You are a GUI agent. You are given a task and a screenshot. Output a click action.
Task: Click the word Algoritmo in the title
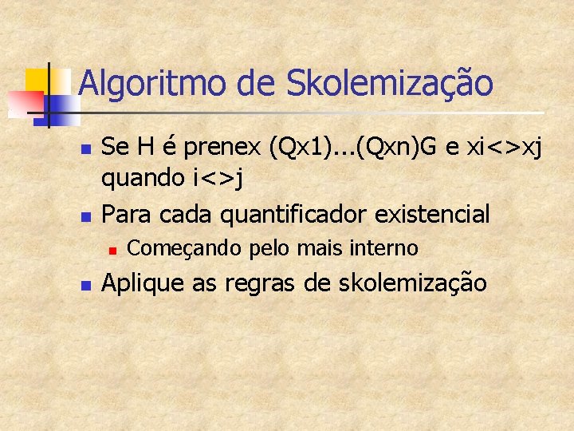click(x=128, y=84)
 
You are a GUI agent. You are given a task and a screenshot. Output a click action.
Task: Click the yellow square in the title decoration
click(x=38, y=80)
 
